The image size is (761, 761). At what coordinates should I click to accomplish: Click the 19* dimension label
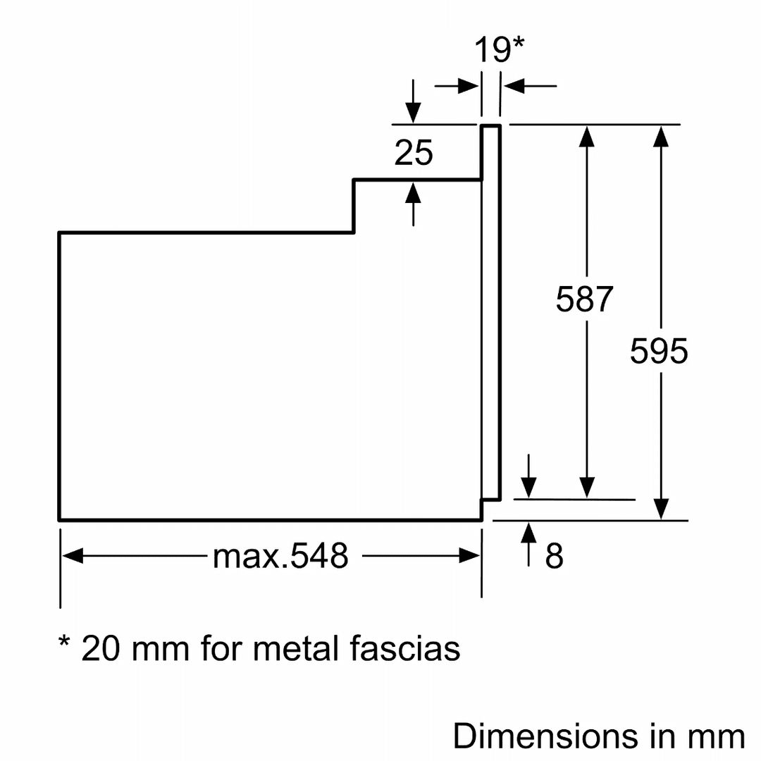point(498,51)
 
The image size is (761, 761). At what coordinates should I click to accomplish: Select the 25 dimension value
point(414,153)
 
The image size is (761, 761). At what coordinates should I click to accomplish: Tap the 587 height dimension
point(585,299)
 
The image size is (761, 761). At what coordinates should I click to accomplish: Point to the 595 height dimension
point(659,351)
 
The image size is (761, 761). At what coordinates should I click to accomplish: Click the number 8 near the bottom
point(555,557)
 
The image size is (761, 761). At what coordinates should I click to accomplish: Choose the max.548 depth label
point(280,557)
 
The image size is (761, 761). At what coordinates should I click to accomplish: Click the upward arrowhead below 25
point(413,192)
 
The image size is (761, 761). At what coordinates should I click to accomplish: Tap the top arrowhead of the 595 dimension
point(660,136)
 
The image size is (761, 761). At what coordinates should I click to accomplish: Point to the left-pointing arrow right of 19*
point(513,87)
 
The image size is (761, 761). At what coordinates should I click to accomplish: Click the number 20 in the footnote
point(100,648)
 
